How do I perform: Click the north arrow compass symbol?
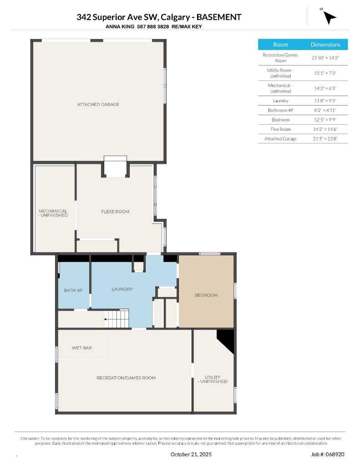[x=330, y=17]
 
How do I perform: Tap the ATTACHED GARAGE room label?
[x=98, y=104]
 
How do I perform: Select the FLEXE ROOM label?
[x=115, y=211]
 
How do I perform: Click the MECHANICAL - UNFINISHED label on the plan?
[x=53, y=213]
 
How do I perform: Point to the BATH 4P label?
[x=73, y=290]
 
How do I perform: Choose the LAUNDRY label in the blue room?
[x=122, y=289]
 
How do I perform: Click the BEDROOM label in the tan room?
[x=206, y=295]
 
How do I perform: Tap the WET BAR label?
[x=81, y=348]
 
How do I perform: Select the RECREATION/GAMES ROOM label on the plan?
[x=126, y=378]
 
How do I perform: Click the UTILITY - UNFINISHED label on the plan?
[x=213, y=379]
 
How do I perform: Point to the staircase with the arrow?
[x=117, y=319]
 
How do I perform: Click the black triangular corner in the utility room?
[x=227, y=339]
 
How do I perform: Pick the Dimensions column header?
[x=325, y=45]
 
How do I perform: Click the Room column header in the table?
[x=280, y=45]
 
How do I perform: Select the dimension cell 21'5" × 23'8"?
[x=325, y=138]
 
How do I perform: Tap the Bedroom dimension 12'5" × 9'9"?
[x=325, y=120]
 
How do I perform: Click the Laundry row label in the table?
[x=280, y=101]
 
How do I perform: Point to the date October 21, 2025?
[x=191, y=454]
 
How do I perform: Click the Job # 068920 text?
[x=328, y=454]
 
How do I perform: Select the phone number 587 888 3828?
[x=150, y=27]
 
